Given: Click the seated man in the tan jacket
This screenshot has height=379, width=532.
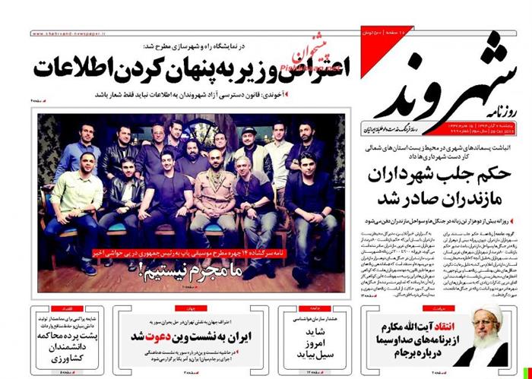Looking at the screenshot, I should point(210,199).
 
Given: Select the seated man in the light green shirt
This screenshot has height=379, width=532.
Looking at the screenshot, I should point(70,197).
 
